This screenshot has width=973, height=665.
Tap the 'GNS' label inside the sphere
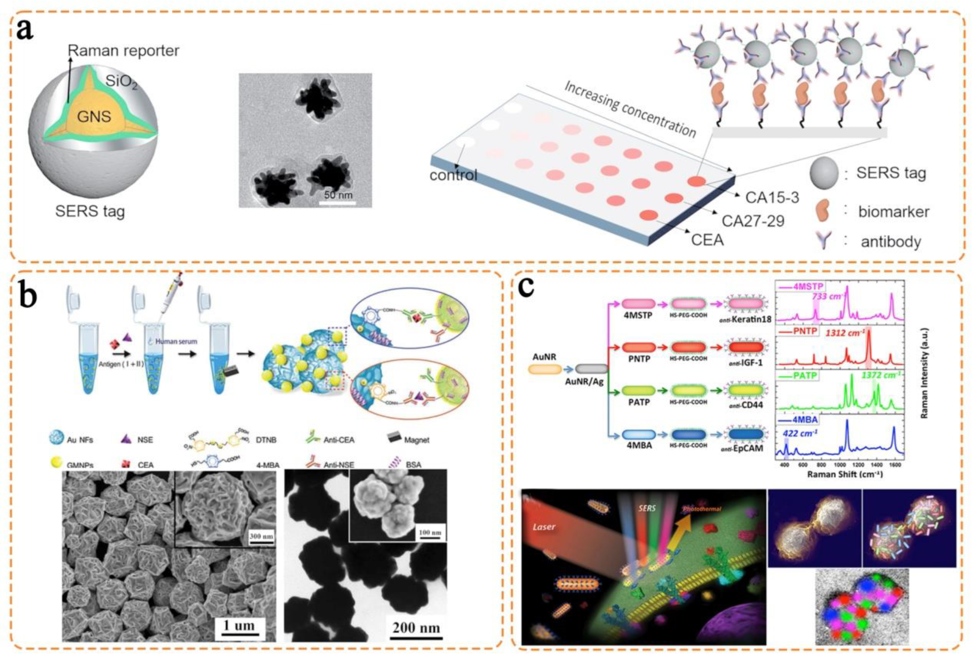click(x=95, y=116)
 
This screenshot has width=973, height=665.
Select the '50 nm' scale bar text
click(x=338, y=195)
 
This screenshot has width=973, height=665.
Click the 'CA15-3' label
click(x=772, y=197)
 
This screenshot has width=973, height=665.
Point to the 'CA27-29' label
click(x=753, y=221)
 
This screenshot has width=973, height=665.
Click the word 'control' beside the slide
click(x=453, y=175)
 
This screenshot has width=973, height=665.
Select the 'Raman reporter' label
click(x=124, y=51)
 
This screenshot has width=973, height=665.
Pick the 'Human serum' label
click(x=176, y=342)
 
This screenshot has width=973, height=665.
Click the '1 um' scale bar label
click(x=238, y=626)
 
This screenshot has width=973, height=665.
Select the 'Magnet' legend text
click(x=417, y=440)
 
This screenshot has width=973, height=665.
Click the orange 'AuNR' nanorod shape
click(x=544, y=369)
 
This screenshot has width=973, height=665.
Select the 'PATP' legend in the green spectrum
click(x=805, y=376)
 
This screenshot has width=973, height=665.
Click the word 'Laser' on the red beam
click(x=544, y=527)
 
